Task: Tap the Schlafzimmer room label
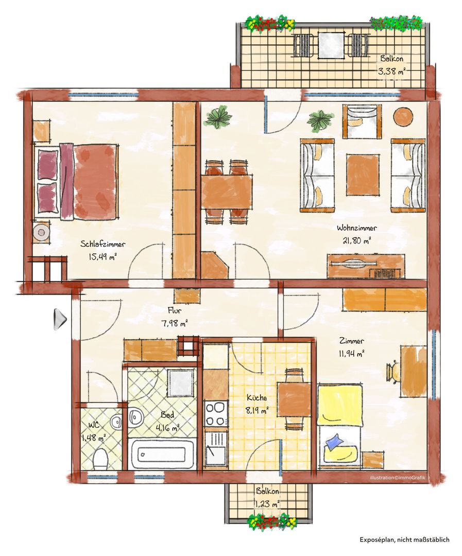pos(102,244)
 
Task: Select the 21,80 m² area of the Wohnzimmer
pos(356,241)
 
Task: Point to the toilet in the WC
pos(100,458)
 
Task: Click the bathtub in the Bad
pos(162,454)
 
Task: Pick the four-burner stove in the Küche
pos(216,413)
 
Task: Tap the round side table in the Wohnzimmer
pos(403,115)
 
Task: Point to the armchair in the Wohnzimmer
pos(362,121)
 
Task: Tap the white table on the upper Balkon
pos(331,45)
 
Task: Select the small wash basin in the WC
pos(116,422)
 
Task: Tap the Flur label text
pos(175,311)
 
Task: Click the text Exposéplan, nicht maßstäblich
pos(404,540)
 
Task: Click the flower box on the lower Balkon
pos(272,521)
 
